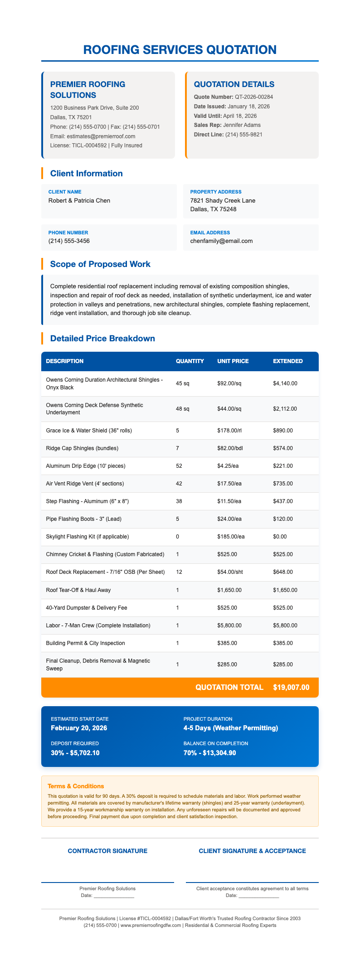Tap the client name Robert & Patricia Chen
[x=79, y=200]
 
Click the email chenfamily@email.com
[x=222, y=241]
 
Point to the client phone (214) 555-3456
[x=69, y=241]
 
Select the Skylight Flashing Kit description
[x=91, y=537]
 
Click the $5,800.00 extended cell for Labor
[x=285, y=626]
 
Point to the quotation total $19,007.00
[x=292, y=687]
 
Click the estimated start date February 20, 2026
[x=79, y=728]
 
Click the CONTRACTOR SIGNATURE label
[x=107, y=851]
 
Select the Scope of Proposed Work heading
[x=100, y=264]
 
